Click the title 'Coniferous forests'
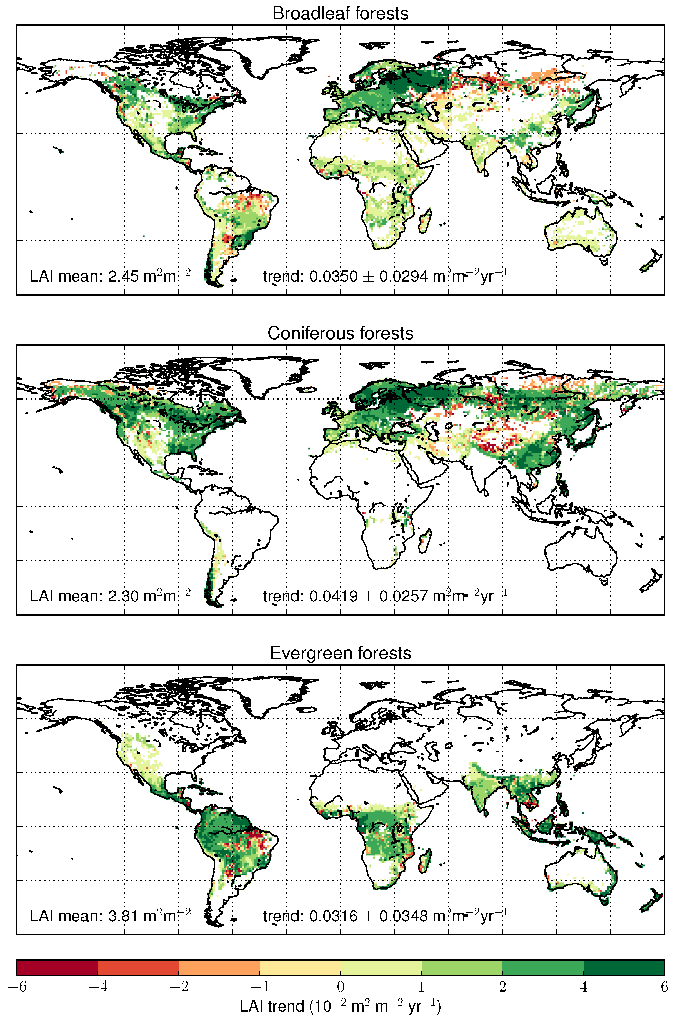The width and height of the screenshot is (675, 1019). pos(340,333)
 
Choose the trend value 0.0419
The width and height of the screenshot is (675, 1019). pos(333,596)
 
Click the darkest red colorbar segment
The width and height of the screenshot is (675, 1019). pos(57,967)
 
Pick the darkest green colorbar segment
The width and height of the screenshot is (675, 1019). pos(624,967)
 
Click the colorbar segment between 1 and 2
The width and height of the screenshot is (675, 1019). pos(462,967)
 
